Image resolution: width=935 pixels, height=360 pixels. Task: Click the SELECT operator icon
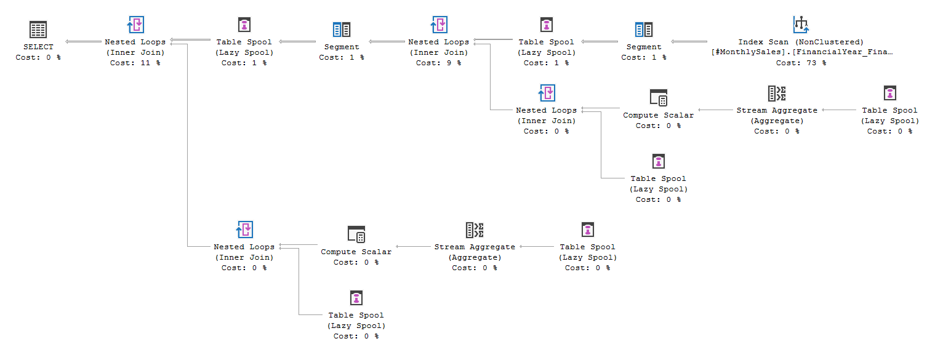[38, 29]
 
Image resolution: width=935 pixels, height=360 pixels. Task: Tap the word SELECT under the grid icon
[38, 47]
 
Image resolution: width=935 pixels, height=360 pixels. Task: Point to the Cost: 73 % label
[801, 63]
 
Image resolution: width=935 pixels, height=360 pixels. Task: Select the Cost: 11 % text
[135, 63]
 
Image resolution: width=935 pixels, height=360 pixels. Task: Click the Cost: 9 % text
[438, 63]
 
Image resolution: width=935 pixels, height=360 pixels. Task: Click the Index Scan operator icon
[801, 25]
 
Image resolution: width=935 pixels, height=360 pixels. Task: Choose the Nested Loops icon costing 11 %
[135, 25]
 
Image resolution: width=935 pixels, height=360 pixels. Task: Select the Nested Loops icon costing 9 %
[438, 25]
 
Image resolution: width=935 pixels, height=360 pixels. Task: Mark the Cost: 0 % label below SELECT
[38, 57]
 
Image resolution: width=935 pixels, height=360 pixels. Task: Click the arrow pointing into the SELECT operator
[84, 42]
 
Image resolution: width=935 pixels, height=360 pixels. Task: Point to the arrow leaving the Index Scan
[690, 42]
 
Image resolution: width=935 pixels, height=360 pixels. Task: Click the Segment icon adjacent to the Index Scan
[644, 29]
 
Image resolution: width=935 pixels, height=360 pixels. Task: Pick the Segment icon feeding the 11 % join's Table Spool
[342, 29]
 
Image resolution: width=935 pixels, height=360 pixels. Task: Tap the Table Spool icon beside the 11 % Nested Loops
[245, 25]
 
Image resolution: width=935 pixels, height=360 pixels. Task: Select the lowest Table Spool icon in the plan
[356, 298]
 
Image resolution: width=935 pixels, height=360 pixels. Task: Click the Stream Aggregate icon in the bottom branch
[475, 230]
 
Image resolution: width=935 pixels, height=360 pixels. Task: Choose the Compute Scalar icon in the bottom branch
[356, 234]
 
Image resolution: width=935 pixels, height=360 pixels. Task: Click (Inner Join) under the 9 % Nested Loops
[438, 52]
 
